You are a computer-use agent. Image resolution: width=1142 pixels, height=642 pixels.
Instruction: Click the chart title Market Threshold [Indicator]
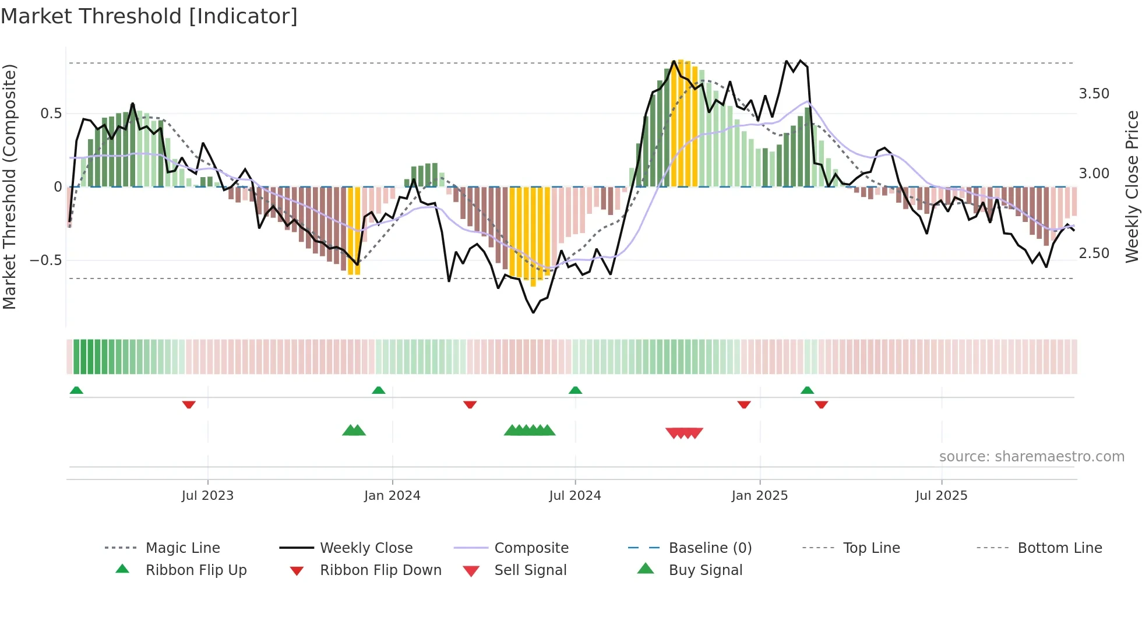[149, 16]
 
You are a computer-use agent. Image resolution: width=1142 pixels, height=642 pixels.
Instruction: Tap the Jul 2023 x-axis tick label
[207, 496]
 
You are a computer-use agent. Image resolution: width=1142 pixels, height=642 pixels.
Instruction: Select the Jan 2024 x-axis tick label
[392, 496]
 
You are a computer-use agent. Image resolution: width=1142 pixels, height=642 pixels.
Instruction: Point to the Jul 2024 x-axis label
[575, 496]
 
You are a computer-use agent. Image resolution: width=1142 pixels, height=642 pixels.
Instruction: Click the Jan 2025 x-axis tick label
[760, 496]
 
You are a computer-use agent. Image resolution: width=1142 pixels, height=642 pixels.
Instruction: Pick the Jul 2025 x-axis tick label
[942, 496]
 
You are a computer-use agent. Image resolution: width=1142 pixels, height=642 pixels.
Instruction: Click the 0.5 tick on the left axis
[51, 114]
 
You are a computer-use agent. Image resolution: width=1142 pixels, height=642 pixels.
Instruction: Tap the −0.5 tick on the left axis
[46, 260]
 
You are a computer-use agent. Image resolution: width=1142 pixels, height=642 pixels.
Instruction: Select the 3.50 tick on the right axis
[1094, 94]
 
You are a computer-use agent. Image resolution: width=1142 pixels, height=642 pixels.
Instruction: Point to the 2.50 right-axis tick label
[1094, 253]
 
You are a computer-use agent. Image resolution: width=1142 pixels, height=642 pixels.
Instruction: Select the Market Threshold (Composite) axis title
[9, 186]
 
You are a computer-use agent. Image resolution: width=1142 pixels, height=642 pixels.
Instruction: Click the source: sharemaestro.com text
[1031, 457]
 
